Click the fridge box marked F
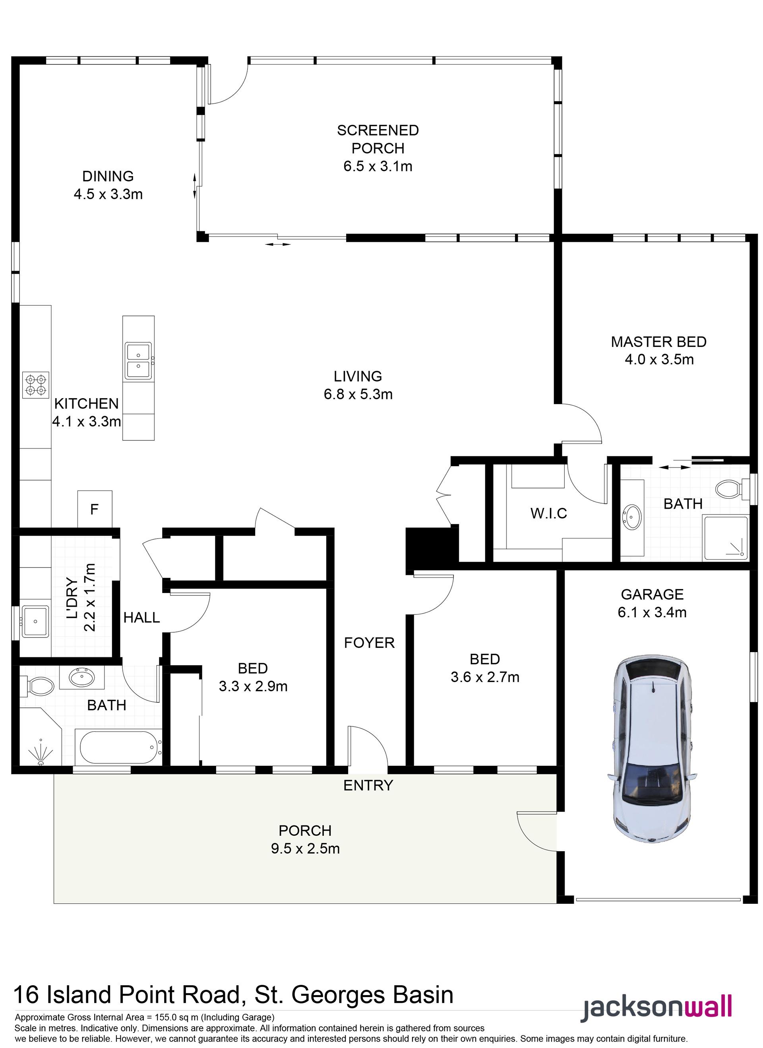click(95, 509)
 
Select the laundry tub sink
click(36, 621)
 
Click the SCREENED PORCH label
click(378, 139)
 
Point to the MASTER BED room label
click(658, 342)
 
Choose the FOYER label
click(369, 643)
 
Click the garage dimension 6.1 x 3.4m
click(652, 612)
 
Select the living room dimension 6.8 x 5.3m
click(358, 394)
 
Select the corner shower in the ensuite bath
click(724, 539)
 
